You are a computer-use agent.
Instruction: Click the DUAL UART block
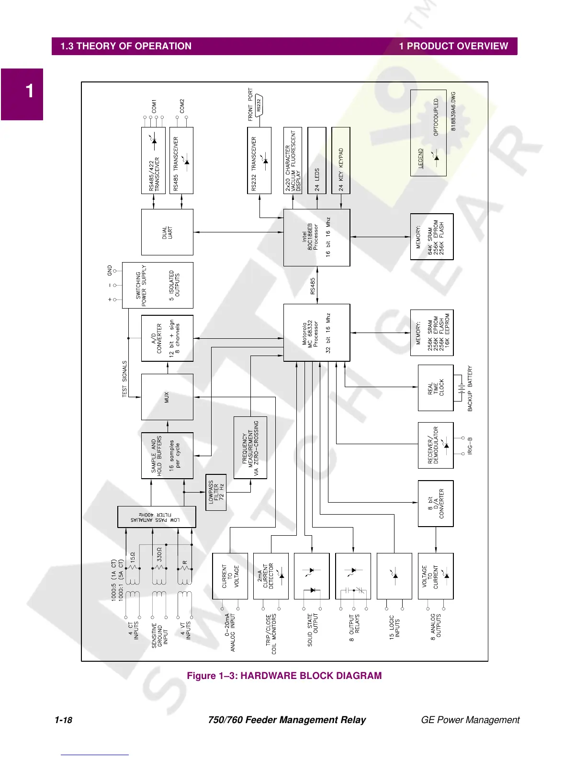pyautogui.click(x=167, y=232)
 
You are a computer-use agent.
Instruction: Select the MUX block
pyautogui.click(x=167, y=397)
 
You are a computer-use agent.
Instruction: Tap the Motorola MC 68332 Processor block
pyautogui.click(x=316, y=333)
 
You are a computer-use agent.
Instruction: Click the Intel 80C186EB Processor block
pyautogui.click(x=316, y=237)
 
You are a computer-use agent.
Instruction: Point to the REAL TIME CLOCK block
pyautogui.click(x=435, y=388)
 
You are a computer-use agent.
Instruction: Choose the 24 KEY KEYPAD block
pyautogui.click(x=341, y=161)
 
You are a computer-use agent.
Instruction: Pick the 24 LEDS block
pyautogui.click(x=317, y=161)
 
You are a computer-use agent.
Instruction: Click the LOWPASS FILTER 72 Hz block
pyautogui.click(x=216, y=493)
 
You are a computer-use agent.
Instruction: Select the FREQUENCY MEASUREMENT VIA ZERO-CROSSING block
pyautogui.click(x=250, y=448)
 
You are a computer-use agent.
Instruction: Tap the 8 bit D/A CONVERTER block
pyautogui.click(x=435, y=503)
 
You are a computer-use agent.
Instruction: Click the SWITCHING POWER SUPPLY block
pyautogui.click(x=158, y=285)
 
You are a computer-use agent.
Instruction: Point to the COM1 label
pyautogui.click(x=154, y=106)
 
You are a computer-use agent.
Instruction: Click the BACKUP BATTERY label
pyautogui.click(x=470, y=389)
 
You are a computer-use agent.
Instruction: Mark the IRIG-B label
pyautogui.click(x=470, y=446)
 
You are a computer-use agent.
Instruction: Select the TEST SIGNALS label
pyautogui.click(x=124, y=379)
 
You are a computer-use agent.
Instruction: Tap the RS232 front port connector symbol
pyautogui.click(x=259, y=105)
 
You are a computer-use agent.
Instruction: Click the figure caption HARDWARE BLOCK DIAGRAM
pyautogui.click(x=284, y=676)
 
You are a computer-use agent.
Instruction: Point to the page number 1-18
pyautogui.click(x=63, y=720)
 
